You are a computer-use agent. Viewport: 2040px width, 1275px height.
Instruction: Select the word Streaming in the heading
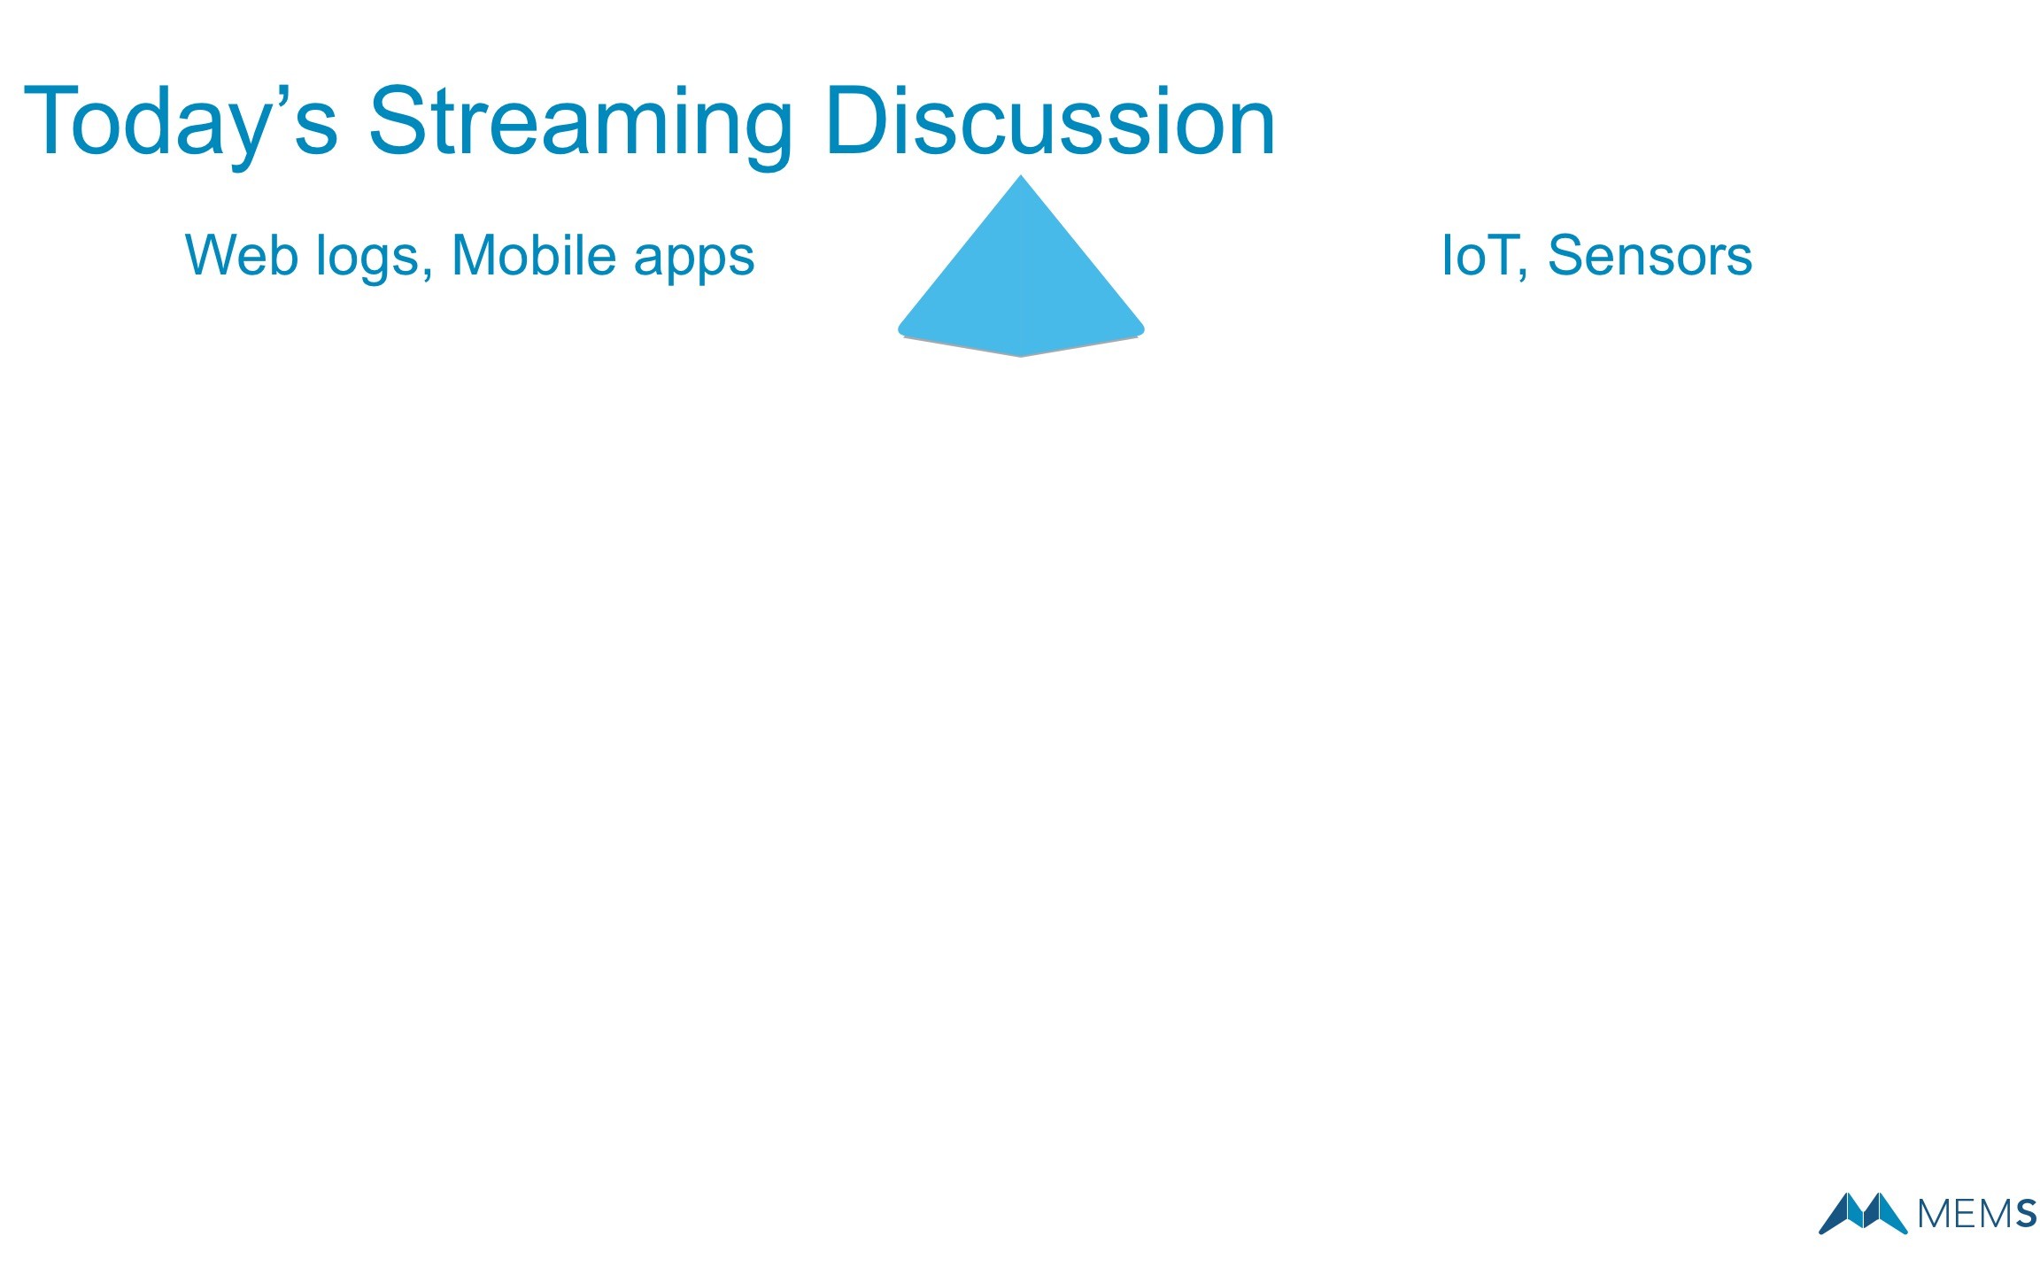pyautogui.click(x=580, y=125)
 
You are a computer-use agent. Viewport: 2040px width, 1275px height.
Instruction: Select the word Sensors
pyautogui.click(x=1650, y=256)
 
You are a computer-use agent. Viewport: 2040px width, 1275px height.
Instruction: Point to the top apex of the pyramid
pyautogui.click(x=1021, y=175)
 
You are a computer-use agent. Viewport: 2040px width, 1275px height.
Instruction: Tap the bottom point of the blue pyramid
pyautogui.click(x=1021, y=357)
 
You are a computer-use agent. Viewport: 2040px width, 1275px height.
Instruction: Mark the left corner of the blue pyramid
pyautogui.click(x=899, y=330)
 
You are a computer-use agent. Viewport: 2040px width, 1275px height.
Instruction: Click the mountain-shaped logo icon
pyautogui.click(x=1863, y=1213)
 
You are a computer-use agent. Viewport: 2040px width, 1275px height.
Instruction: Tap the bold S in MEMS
pyautogui.click(x=2026, y=1214)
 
